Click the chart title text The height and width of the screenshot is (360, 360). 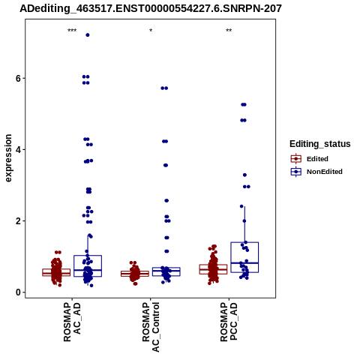click(151, 8)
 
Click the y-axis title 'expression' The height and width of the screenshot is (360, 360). click(8, 158)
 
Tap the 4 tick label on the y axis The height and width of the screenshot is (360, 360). click(18, 150)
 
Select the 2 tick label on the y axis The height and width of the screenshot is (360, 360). click(18, 221)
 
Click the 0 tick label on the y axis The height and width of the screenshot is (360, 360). click(18, 292)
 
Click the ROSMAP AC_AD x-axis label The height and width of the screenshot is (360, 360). click(72, 322)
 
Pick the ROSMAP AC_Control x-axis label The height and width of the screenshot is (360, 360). click(151, 327)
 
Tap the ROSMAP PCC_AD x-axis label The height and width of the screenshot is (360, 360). click(229, 322)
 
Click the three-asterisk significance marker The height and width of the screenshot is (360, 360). click(72, 31)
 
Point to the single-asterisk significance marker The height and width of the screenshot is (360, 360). click(151, 31)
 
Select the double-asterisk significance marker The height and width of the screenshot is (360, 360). click(229, 31)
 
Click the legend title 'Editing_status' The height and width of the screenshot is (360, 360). click(320, 144)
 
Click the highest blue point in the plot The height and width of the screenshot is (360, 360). click(88, 35)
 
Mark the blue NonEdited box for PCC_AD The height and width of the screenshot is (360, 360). click(244, 257)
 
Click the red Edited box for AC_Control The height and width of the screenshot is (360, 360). click(135, 274)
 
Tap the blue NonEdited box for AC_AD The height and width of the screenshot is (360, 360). click(88, 266)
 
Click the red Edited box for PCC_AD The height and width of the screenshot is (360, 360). click(213, 269)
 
